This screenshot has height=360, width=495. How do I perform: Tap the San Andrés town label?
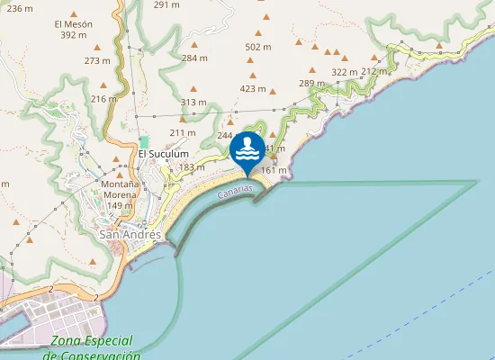pos(130,235)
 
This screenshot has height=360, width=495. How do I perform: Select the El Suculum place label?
pos(163,154)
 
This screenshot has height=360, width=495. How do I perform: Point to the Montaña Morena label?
pos(120,194)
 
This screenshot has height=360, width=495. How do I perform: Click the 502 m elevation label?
pos(257,47)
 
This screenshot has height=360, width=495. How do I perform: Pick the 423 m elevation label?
pos(253,89)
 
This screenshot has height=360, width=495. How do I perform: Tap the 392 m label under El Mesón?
pos(73,35)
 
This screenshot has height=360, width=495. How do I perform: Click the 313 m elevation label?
pos(193,103)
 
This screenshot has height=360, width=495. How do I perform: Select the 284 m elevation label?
pos(194,58)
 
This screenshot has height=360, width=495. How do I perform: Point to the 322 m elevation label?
pos(345,72)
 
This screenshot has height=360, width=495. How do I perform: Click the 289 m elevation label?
pos(311,84)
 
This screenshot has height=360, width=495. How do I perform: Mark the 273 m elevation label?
pos(97,61)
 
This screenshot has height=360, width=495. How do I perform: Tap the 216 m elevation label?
pos(104,99)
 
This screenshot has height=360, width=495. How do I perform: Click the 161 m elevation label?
pos(273,170)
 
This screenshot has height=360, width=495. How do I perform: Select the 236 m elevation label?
pos(20,8)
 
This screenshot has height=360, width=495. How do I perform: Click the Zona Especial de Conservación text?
pos(91,348)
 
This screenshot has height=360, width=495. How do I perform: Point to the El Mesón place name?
pos(73,23)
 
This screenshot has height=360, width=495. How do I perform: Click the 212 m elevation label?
pos(373,71)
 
